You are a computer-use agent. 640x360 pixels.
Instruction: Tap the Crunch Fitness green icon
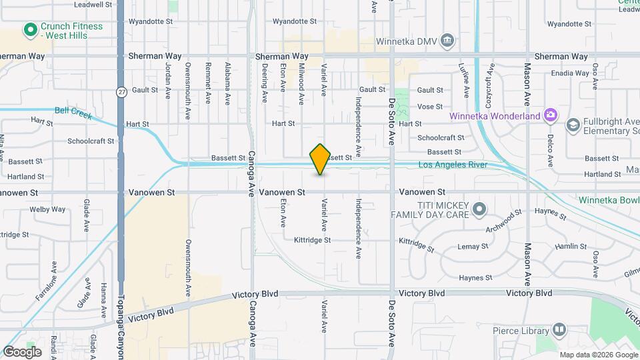(x=29, y=30)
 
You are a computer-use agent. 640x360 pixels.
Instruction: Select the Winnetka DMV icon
(x=448, y=41)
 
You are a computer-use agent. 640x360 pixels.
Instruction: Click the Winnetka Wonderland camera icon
(x=550, y=116)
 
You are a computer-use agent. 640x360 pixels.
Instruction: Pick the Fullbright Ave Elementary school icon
(x=573, y=125)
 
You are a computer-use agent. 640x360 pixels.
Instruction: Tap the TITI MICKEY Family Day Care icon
(x=479, y=211)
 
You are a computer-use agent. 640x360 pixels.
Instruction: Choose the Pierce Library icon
(x=559, y=330)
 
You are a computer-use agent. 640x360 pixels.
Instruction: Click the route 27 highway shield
(x=121, y=91)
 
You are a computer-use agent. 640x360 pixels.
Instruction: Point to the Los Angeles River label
(x=453, y=165)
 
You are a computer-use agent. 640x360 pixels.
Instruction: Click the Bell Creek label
(x=73, y=111)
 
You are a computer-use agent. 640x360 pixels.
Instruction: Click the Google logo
(x=22, y=352)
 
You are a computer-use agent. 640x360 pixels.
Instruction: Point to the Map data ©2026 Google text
(x=597, y=355)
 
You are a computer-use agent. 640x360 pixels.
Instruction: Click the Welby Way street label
(x=48, y=209)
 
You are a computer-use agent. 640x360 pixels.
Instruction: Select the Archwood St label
(x=501, y=222)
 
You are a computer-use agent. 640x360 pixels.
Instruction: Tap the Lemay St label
(x=473, y=247)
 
